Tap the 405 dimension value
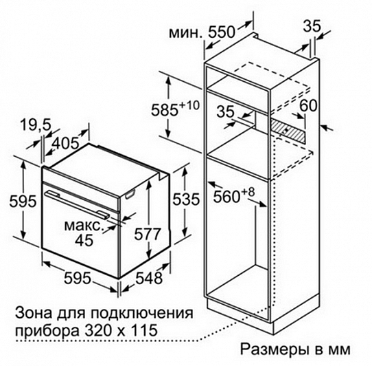[65, 143]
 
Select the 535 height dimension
[186, 199]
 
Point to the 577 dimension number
[148, 234]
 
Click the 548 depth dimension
[149, 278]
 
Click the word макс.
[84, 226]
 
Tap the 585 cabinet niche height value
[165, 110]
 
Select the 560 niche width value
[226, 197]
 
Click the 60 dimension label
[308, 105]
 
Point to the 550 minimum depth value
[222, 32]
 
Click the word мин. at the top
[186, 33]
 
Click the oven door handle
[77, 205]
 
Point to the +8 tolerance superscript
[248, 192]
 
